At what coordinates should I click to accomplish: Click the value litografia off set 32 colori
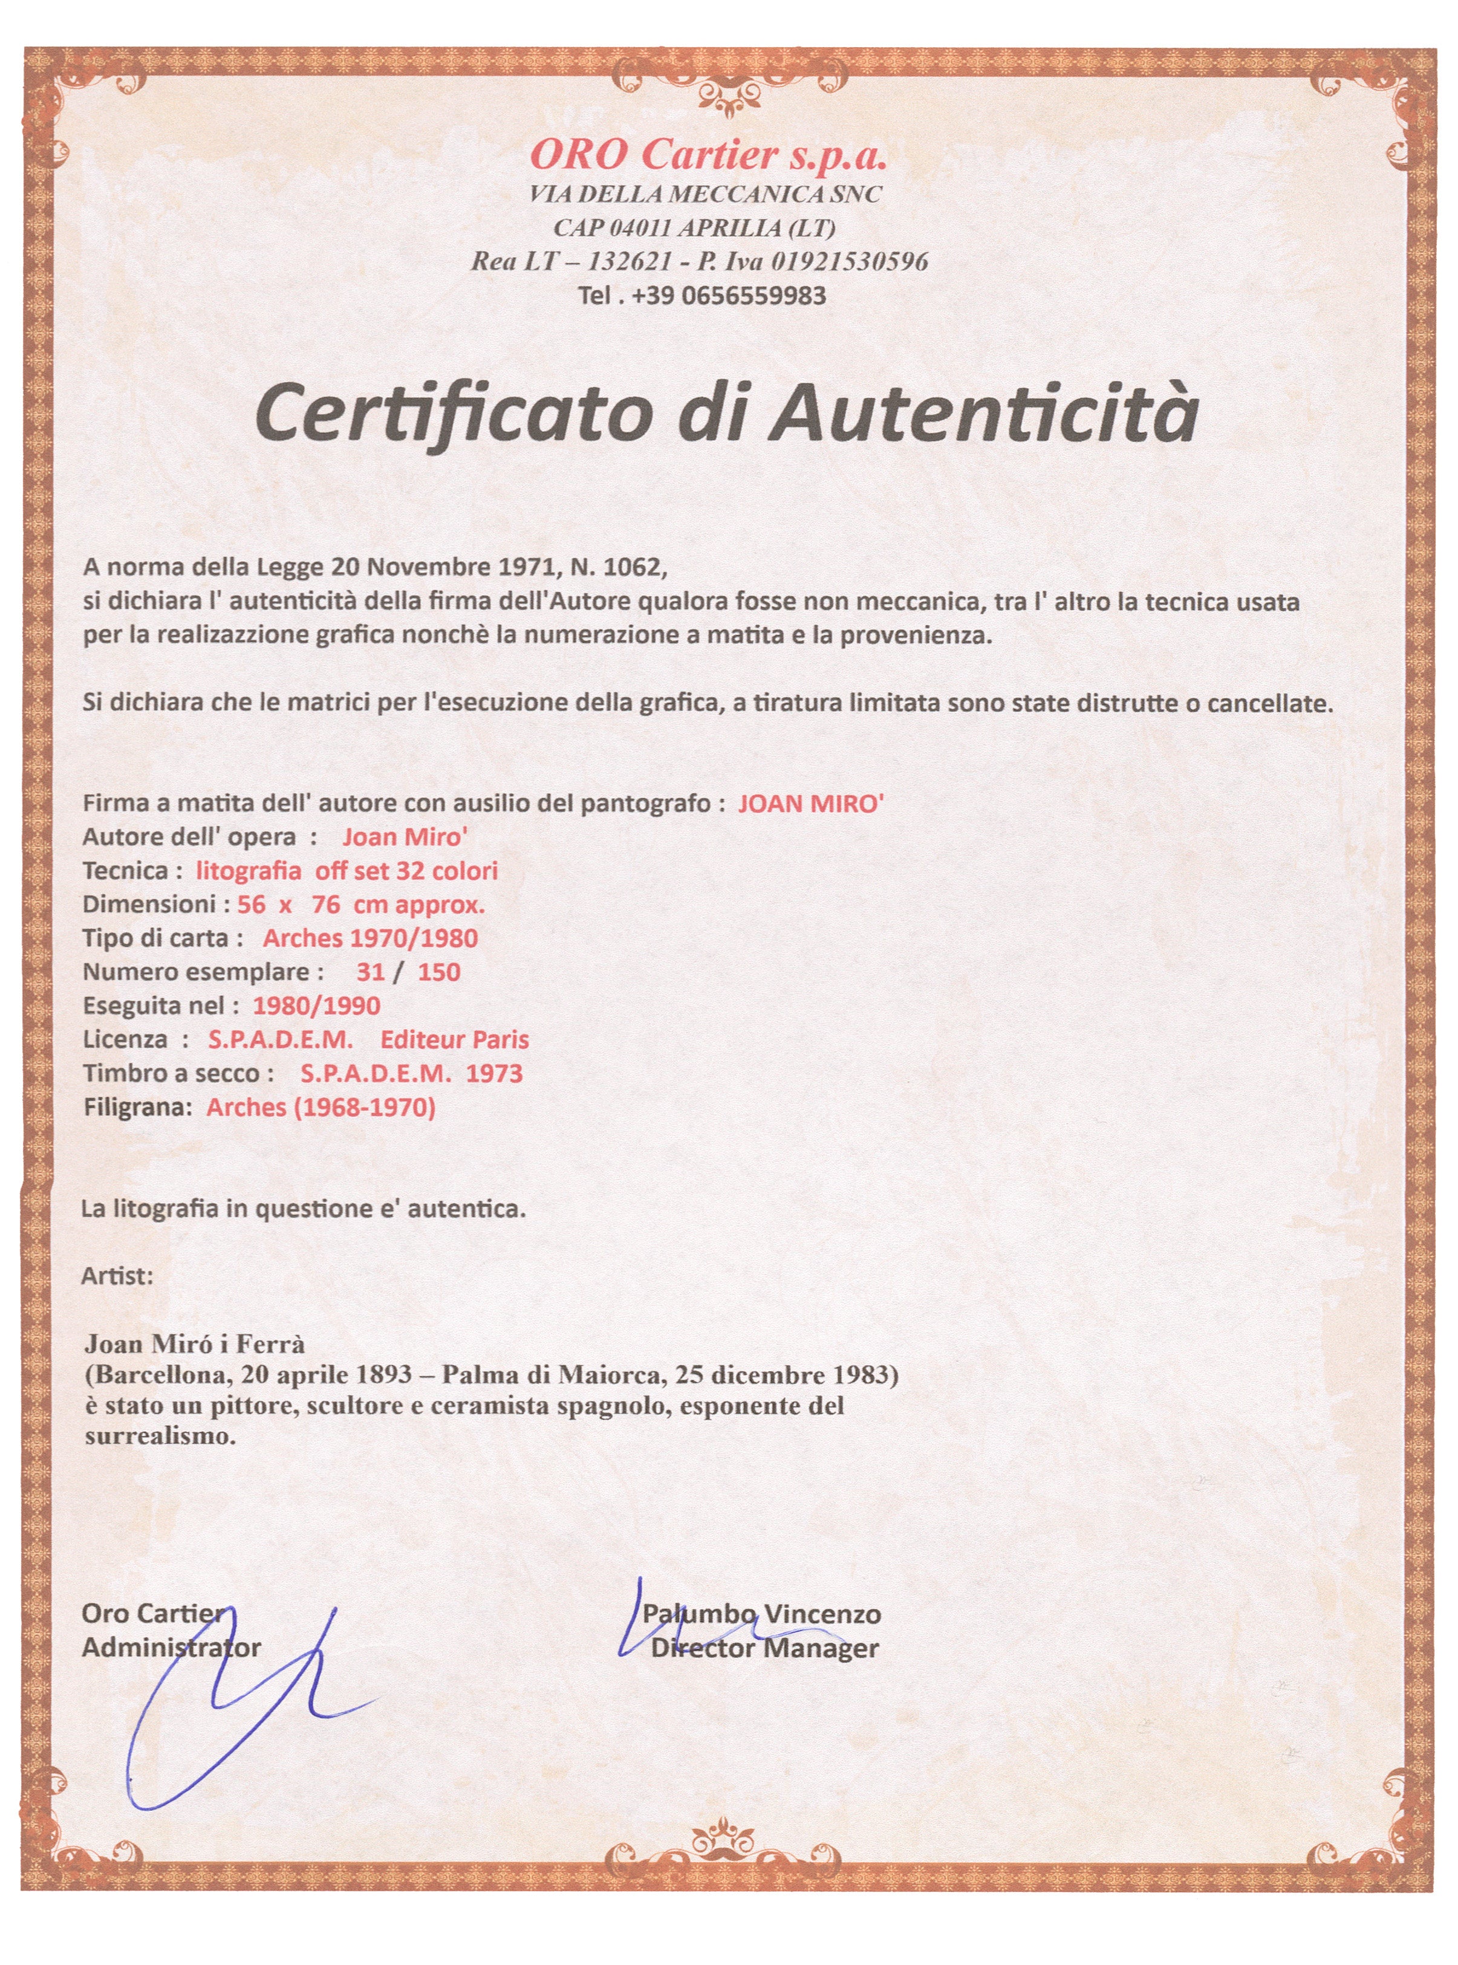pyautogui.click(x=347, y=871)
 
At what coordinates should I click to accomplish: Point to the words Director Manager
pyautogui.click(x=765, y=1648)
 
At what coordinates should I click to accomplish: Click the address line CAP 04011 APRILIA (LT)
pyautogui.click(x=695, y=228)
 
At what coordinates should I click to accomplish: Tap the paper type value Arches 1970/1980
pyautogui.click(x=370, y=938)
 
